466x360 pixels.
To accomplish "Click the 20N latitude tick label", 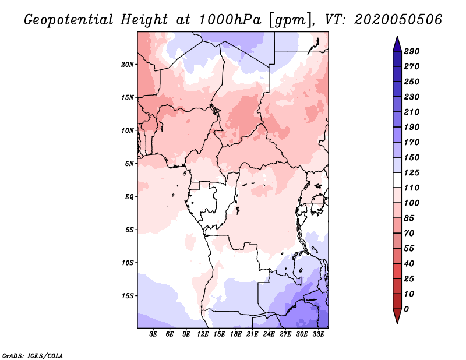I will (128, 64).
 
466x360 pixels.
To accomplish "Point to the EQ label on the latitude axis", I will (129, 196).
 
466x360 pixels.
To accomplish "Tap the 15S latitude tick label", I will (128, 295).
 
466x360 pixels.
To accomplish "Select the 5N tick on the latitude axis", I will (129, 163).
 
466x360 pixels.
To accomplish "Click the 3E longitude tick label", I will (154, 334).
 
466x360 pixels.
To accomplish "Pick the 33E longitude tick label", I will (318, 334).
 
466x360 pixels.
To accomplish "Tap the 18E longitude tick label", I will (236, 334).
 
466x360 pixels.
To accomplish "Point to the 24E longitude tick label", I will (269, 334).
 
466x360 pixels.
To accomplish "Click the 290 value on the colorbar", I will (412, 51).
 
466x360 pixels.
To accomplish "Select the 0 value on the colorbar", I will (407, 309).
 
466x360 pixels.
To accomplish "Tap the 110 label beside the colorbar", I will (412, 188).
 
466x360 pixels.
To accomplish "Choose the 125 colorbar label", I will (412, 172).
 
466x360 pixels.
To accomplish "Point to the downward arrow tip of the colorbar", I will (396, 322).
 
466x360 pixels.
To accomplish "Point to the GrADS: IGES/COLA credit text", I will (32, 355).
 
